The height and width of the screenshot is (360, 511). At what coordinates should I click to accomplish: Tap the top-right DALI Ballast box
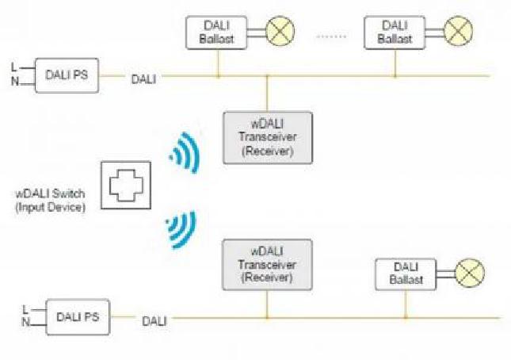393,33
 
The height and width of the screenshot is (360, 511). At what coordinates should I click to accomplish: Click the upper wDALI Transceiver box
267,137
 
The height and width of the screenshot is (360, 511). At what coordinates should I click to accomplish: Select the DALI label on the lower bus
154,321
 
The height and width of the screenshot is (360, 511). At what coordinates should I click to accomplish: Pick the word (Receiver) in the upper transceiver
267,151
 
